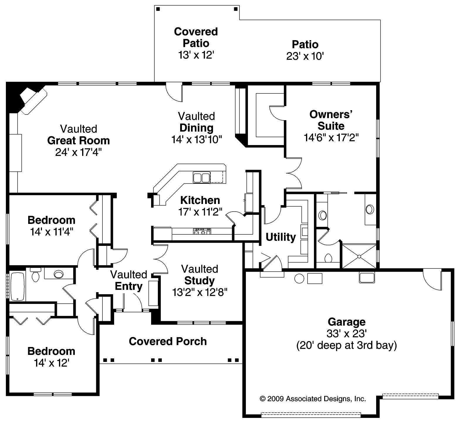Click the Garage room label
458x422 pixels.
pos(347,322)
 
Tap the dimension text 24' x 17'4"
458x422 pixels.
pos(78,152)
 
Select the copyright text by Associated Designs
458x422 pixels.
pos(312,399)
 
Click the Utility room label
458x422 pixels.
pos(280,237)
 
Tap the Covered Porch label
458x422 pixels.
pos(168,341)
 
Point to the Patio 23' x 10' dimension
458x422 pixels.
pos(305,56)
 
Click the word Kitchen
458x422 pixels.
pos(200,200)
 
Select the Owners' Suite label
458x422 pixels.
pos(331,120)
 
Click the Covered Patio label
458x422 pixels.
pos(196,37)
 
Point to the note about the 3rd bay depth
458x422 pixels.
pos(347,345)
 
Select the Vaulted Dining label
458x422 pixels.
pos(197,122)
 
